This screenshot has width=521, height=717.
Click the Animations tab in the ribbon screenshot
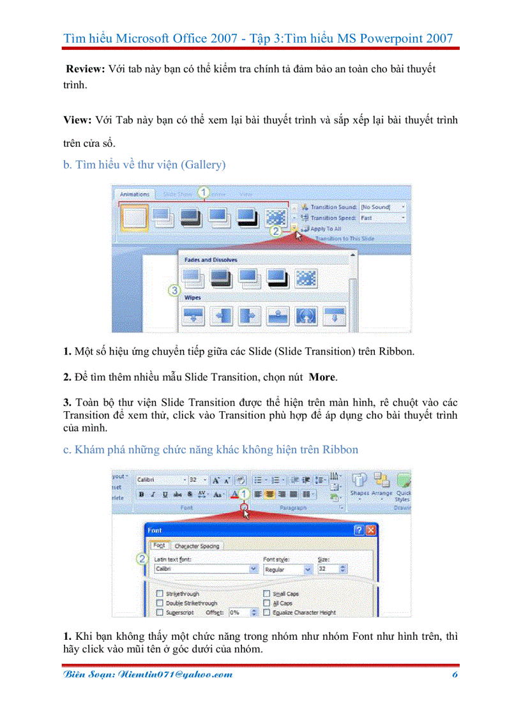point(135,194)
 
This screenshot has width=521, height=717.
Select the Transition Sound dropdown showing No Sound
point(382,207)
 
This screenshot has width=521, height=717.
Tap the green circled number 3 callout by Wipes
point(174,291)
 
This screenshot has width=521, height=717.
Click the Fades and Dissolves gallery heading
point(210,260)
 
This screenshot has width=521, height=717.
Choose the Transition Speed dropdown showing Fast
point(382,218)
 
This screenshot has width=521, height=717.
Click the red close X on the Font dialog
point(371,530)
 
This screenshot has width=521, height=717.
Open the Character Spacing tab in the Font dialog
point(197,546)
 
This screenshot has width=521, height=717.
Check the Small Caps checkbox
point(267,594)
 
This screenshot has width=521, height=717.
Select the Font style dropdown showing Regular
point(288,569)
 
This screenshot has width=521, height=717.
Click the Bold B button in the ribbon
point(142,494)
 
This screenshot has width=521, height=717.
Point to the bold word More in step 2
point(322,377)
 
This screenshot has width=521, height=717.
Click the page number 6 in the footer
point(455,675)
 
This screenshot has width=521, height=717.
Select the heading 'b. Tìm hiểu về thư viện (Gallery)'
point(144,165)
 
